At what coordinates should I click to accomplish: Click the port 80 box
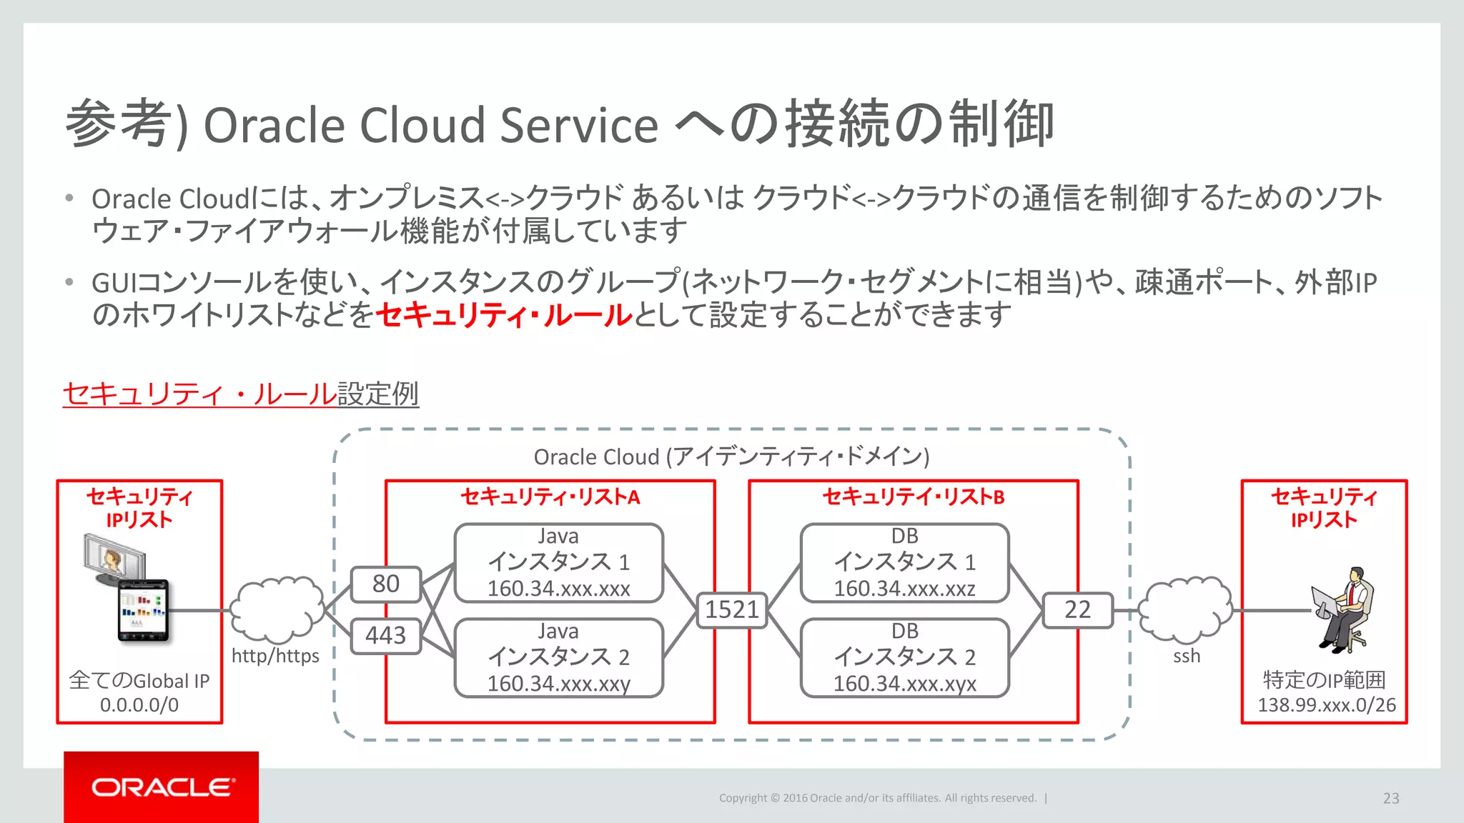[385, 584]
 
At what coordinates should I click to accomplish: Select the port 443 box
[385, 635]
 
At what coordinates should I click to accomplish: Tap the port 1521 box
[731, 609]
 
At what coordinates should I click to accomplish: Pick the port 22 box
[1077, 609]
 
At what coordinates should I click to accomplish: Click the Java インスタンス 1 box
[558, 562]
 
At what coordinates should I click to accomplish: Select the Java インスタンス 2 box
[558, 657]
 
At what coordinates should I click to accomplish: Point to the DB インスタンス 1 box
[904, 562]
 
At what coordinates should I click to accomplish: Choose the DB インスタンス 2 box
[904, 657]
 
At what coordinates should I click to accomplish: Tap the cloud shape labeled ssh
[1185, 609]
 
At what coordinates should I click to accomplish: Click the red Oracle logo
[162, 787]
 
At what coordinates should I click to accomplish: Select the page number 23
[1390, 798]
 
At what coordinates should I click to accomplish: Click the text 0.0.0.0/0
[139, 705]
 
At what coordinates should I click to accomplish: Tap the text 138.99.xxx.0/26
[1326, 705]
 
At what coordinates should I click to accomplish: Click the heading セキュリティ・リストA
[550, 497]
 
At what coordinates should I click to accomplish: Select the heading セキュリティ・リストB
[913, 497]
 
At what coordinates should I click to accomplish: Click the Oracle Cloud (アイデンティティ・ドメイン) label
[731, 457]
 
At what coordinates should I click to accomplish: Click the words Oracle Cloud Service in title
[430, 126]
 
